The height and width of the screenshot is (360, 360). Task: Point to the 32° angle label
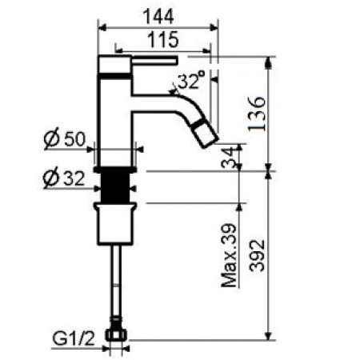point(190,81)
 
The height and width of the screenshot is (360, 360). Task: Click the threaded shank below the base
point(118,189)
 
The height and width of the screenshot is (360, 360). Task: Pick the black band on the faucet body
point(114,76)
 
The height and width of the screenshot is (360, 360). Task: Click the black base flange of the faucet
point(118,170)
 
